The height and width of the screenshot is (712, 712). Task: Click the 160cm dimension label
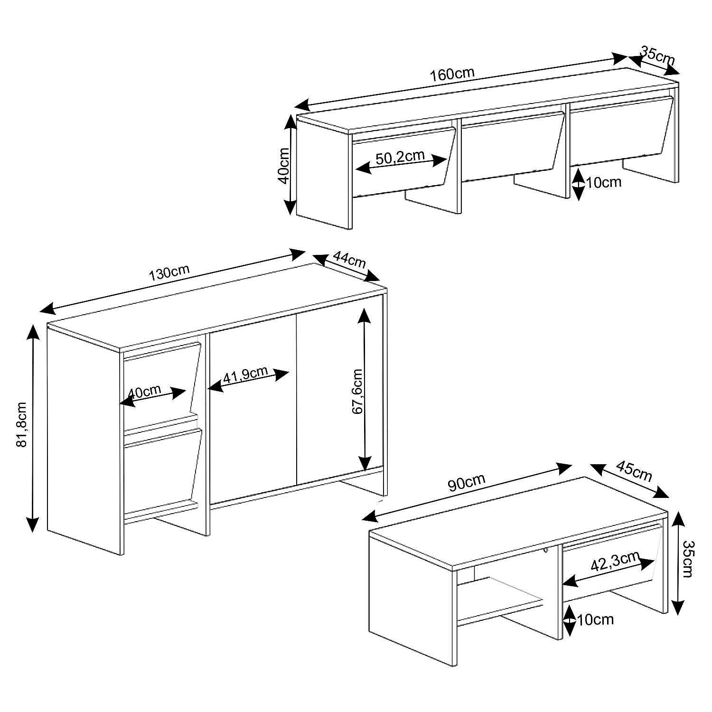[x=452, y=75]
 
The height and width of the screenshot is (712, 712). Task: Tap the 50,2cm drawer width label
[x=400, y=157]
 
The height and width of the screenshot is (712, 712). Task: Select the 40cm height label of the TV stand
[x=284, y=166]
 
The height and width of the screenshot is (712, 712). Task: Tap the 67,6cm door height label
[x=357, y=392]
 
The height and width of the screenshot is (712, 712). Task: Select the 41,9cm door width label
[x=245, y=375]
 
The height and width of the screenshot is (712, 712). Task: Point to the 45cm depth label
[x=634, y=471]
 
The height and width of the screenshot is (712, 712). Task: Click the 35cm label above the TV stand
[x=657, y=56]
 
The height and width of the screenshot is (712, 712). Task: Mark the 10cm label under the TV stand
[x=604, y=182]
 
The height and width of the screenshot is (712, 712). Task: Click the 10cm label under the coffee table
[x=596, y=619]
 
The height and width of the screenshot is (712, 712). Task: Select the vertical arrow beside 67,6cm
[x=365, y=389]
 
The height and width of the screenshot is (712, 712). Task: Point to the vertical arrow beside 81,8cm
[x=33, y=428]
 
